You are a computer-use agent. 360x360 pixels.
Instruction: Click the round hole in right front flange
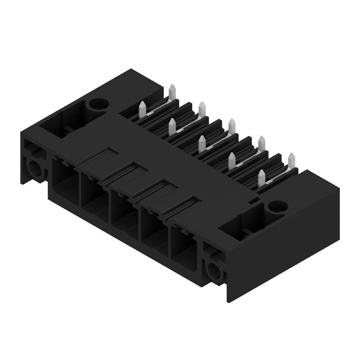(x=212, y=270)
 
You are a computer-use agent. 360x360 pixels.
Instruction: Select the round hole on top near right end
(x=272, y=207)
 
